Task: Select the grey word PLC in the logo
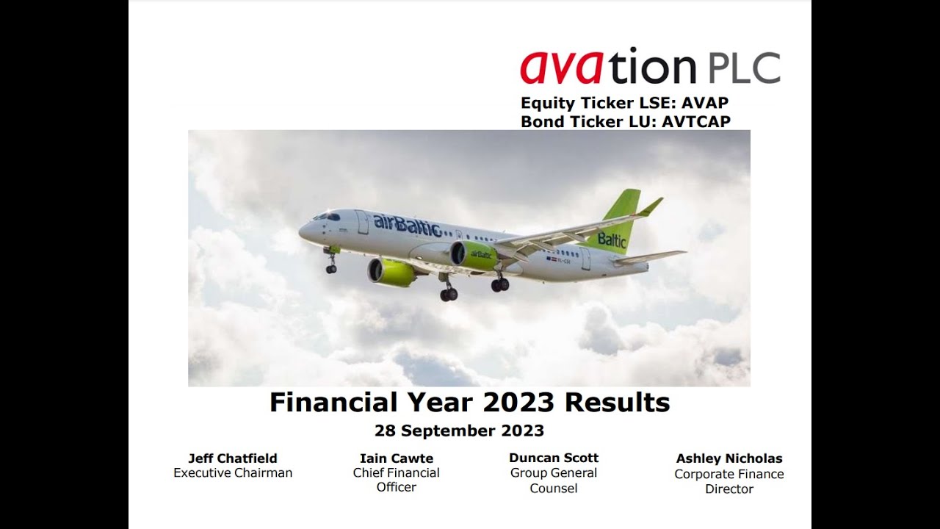[x=745, y=68]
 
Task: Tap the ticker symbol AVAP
[x=705, y=104]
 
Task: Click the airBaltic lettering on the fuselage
[x=407, y=225]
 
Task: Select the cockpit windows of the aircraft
[x=328, y=217]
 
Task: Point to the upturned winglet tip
[x=651, y=206]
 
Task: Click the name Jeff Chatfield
[x=233, y=458]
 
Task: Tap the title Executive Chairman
[x=233, y=473]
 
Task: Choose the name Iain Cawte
[x=397, y=458]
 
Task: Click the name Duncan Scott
[x=554, y=458]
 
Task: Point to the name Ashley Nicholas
[x=729, y=458]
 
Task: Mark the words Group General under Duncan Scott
[x=554, y=473]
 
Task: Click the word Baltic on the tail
[x=612, y=240]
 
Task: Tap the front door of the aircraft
[x=362, y=223]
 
